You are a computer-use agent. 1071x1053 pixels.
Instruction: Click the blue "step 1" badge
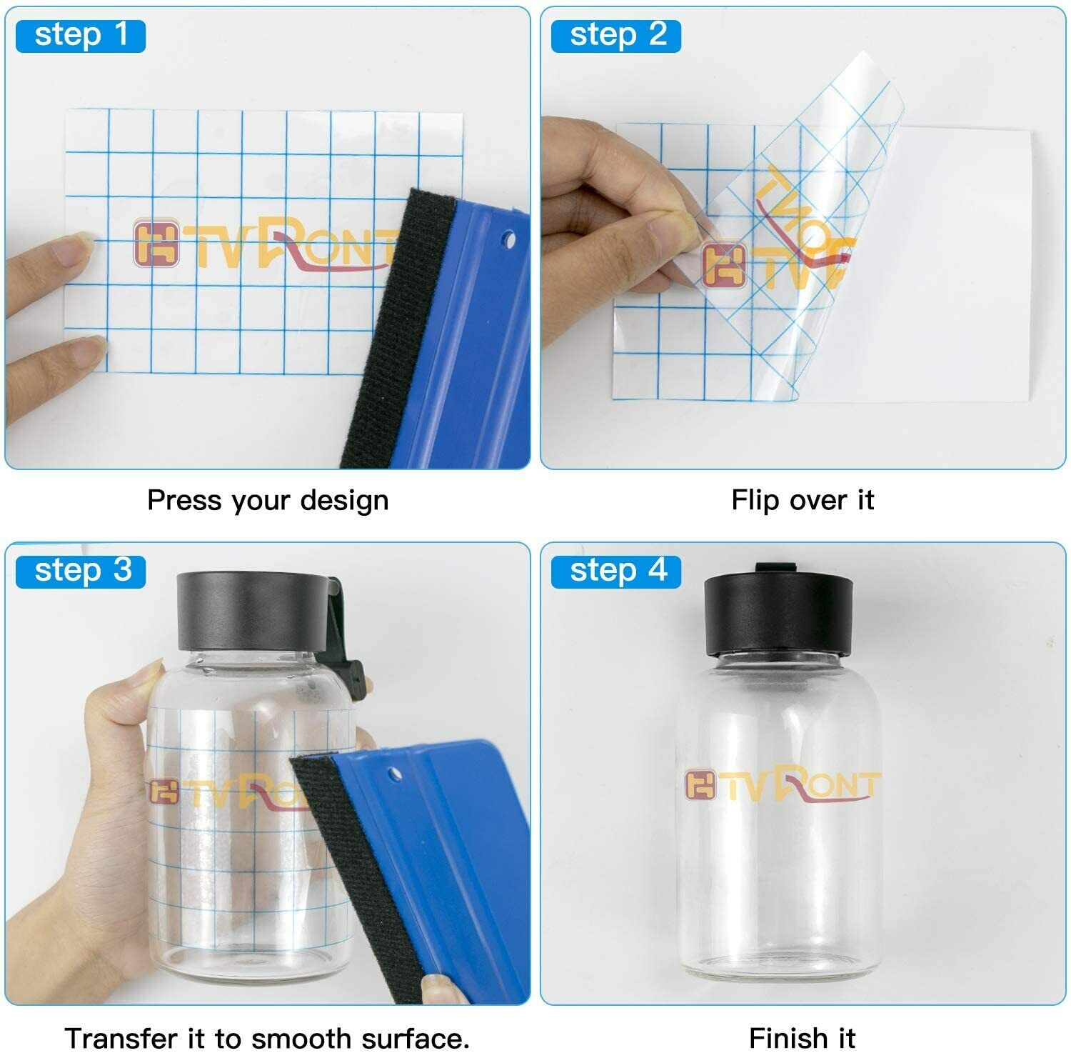81,36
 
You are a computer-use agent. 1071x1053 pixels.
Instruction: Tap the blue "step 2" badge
616,36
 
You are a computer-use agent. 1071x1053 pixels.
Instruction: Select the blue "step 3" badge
81,572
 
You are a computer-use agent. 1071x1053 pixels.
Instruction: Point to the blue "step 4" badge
616,572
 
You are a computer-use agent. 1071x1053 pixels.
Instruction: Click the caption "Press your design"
268,501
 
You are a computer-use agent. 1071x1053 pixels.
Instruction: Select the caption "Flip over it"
803,500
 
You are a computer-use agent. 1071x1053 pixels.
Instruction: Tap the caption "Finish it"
802,1037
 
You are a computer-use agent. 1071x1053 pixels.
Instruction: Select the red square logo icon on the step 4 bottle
700,784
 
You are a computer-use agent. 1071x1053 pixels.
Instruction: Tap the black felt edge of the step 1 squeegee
396,329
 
